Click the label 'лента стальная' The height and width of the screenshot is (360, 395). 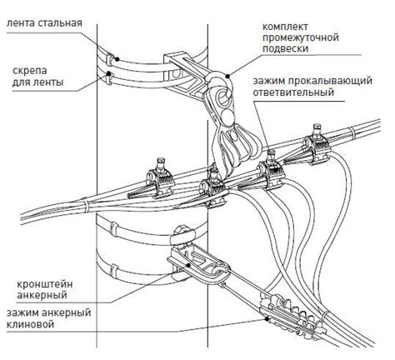pos(43,22)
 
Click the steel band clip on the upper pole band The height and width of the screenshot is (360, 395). pos(111,59)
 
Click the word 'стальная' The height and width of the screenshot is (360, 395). pos(62,22)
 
